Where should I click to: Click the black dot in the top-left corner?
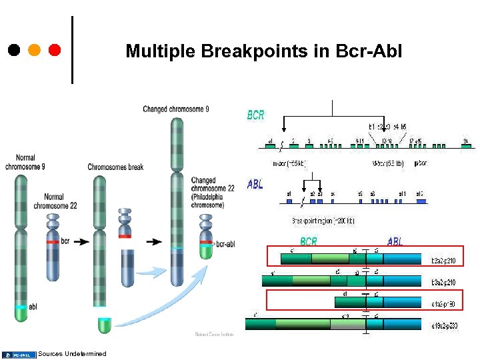click(x=14, y=49)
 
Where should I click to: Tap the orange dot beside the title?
click(x=34, y=49)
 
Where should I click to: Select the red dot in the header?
click(x=55, y=49)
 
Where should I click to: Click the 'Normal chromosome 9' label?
click(x=25, y=163)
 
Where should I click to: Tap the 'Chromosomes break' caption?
click(x=115, y=167)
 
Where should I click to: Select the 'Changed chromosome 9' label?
click(x=175, y=109)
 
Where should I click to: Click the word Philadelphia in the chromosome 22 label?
click(x=211, y=197)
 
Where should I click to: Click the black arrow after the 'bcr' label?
click(x=81, y=241)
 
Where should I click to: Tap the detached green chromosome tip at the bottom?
click(x=104, y=325)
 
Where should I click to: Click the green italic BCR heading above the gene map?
click(x=255, y=115)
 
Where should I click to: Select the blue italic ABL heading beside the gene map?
click(x=255, y=184)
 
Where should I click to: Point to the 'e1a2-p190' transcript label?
click(x=443, y=303)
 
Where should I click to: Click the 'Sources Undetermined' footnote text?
click(x=73, y=353)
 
